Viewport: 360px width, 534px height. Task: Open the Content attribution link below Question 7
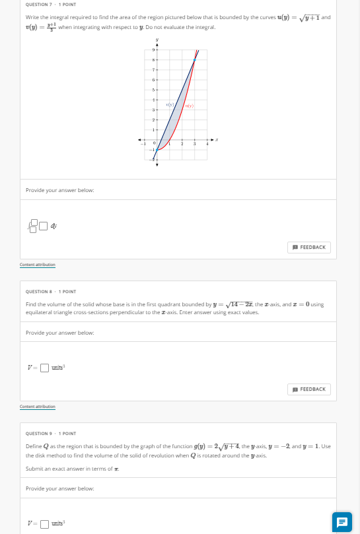pos(38,265)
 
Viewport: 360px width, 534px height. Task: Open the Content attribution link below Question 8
pos(38,407)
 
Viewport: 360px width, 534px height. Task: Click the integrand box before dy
pos(44,226)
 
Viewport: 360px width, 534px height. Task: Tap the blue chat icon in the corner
pos(342,521)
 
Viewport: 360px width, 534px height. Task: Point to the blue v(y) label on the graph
pos(170,105)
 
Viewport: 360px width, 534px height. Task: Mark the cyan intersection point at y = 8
pos(194,59)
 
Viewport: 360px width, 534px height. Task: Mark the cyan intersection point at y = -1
pos(157,150)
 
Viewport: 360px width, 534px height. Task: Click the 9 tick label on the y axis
pos(153,50)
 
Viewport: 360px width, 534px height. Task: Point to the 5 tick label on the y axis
pos(153,89)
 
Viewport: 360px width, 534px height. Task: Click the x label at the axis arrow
pos(217,140)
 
